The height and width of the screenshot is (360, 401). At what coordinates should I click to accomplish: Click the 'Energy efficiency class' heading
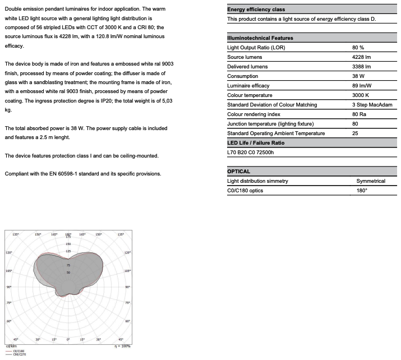coord(256,10)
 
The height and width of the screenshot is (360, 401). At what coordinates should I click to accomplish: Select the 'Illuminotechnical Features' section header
coord(260,38)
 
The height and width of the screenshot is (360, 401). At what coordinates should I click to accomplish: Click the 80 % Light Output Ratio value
coord(358,48)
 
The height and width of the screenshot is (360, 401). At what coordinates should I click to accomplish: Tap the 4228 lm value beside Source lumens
coord(361,57)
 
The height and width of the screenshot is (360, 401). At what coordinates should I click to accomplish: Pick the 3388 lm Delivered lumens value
coord(361,67)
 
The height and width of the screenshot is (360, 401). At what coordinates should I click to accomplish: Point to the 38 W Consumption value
coord(358,76)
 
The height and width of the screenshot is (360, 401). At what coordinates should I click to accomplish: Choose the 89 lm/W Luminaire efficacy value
coord(362,86)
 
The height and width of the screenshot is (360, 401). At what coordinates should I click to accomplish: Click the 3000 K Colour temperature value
coord(360,95)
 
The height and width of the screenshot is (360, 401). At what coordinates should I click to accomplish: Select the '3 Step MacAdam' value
coord(371,105)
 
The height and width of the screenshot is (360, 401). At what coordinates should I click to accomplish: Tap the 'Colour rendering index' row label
coord(253,114)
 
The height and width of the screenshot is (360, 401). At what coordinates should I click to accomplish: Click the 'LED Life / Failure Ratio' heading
coord(255,143)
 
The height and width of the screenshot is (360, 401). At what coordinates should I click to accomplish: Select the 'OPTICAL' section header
coord(238,172)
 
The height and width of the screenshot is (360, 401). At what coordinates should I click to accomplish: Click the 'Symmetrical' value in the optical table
coord(371,181)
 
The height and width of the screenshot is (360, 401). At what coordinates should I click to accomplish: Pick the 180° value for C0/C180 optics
coord(362,191)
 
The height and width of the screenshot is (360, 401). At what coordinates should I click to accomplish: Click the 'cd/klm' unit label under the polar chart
coord(11,346)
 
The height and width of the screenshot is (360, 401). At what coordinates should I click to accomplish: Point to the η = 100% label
coord(122,346)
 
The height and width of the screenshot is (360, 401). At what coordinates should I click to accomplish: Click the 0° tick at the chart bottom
coord(68,340)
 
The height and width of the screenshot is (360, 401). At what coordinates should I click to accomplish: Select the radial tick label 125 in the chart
coord(68,251)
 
